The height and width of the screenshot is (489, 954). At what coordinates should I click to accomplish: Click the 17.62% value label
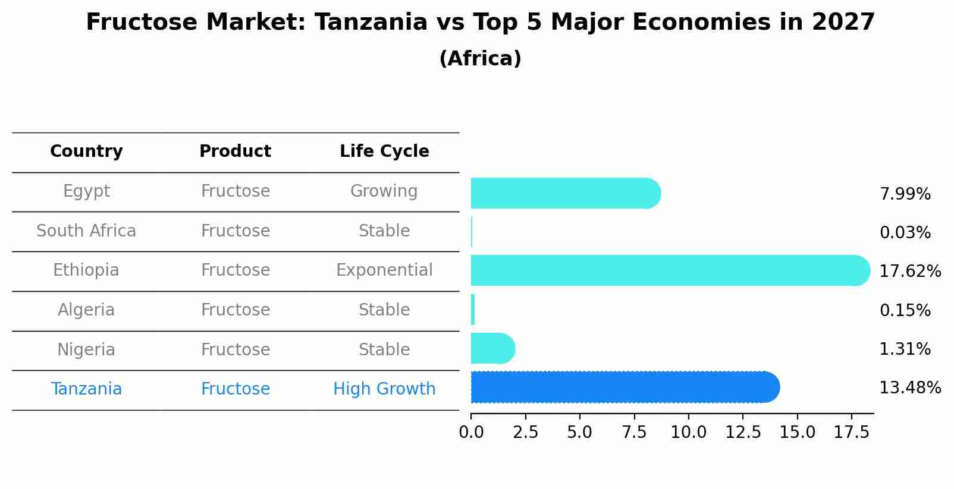point(910,272)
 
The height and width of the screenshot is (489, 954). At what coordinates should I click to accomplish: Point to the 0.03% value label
point(905,233)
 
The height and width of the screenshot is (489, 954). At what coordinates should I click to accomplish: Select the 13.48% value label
point(910,388)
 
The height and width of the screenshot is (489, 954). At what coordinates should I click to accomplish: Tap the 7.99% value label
point(905,194)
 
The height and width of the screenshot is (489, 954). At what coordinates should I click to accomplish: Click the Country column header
point(86,152)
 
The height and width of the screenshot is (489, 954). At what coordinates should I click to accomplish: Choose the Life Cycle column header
point(384,152)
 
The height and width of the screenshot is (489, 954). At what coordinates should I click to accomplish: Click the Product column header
point(235,152)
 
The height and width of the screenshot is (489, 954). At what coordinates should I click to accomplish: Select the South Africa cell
point(86,231)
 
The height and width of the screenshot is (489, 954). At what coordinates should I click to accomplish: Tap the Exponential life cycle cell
point(384,270)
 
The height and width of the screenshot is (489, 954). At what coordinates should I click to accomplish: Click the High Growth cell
point(384,389)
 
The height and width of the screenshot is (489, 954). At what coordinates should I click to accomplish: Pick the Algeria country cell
point(86,310)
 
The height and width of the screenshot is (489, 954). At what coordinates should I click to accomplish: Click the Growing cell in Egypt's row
point(384,191)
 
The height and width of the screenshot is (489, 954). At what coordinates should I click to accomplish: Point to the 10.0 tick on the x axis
point(688,433)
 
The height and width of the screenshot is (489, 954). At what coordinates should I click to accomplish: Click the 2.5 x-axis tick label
point(525,433)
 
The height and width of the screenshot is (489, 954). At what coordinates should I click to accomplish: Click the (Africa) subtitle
point(480,59)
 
